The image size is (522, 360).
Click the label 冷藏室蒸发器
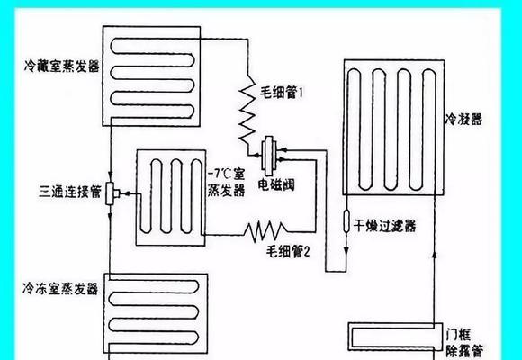(x=62, y=67)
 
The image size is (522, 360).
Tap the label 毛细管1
(x=282, y=93)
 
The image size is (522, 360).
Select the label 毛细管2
(x=288, y=252)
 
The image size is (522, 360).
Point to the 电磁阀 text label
(x=276, y=185)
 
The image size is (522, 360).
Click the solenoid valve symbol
(x=269, y=155)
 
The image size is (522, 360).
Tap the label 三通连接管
(x=70, y=193)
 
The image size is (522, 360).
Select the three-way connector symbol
(x=112, y=193)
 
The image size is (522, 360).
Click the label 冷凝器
(x=463, y=119)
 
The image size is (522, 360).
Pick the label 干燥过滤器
(x=384, y=227)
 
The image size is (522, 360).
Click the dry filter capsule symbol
(x=346, y=220)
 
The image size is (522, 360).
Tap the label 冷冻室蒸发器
(x=60, y=288)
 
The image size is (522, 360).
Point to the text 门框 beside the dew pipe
(x=458, y=335)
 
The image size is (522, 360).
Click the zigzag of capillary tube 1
(x=247, y=110)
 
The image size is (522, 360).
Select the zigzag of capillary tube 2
(x=265, y=231)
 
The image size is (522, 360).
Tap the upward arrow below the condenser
(x=434, y=254)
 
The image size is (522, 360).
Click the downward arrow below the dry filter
(x=346, y=250)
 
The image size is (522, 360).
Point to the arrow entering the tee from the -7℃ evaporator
(x=129, y=193)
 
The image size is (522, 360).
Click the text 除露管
(x=464, y=351)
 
